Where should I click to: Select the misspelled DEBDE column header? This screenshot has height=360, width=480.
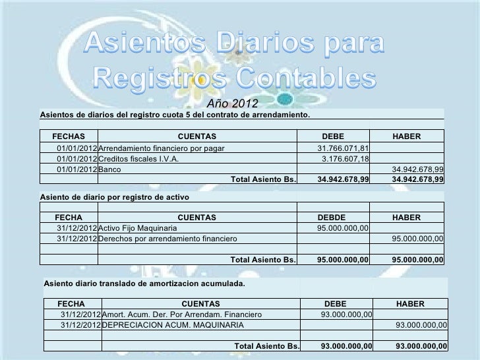tap(336, 216)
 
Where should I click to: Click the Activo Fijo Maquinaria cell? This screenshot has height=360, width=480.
tap(137, 227)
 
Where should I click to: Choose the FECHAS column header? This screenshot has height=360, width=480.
tap(69, 136)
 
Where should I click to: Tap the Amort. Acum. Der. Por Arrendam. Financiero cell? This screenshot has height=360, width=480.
tap(183, 315)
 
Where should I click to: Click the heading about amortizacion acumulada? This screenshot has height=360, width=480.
tap(144, 284)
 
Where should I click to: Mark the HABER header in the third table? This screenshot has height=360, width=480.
tap(410, 303)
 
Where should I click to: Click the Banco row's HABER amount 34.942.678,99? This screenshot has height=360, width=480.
tap(417, 169)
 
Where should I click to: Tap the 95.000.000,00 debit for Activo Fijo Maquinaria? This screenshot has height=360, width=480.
tap(343, 227)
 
